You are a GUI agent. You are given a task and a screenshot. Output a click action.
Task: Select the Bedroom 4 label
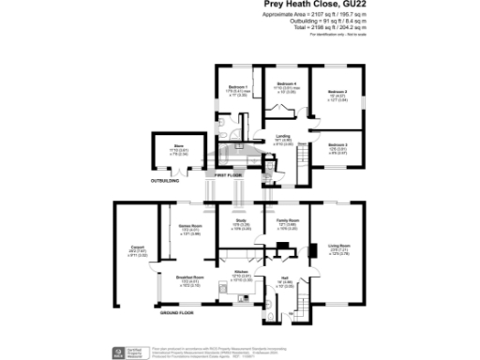coord(286,83)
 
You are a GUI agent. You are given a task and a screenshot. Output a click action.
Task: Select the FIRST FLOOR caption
coord(228,175)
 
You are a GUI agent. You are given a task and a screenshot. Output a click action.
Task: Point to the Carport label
coord(135,247)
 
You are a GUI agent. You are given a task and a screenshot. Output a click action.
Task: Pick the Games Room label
coord(190,226)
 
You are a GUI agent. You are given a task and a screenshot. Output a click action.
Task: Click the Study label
coord(240,220)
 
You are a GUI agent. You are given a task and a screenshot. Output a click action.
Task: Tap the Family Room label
coord(286,220)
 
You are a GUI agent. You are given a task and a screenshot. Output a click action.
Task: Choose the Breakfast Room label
coord(190,277)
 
